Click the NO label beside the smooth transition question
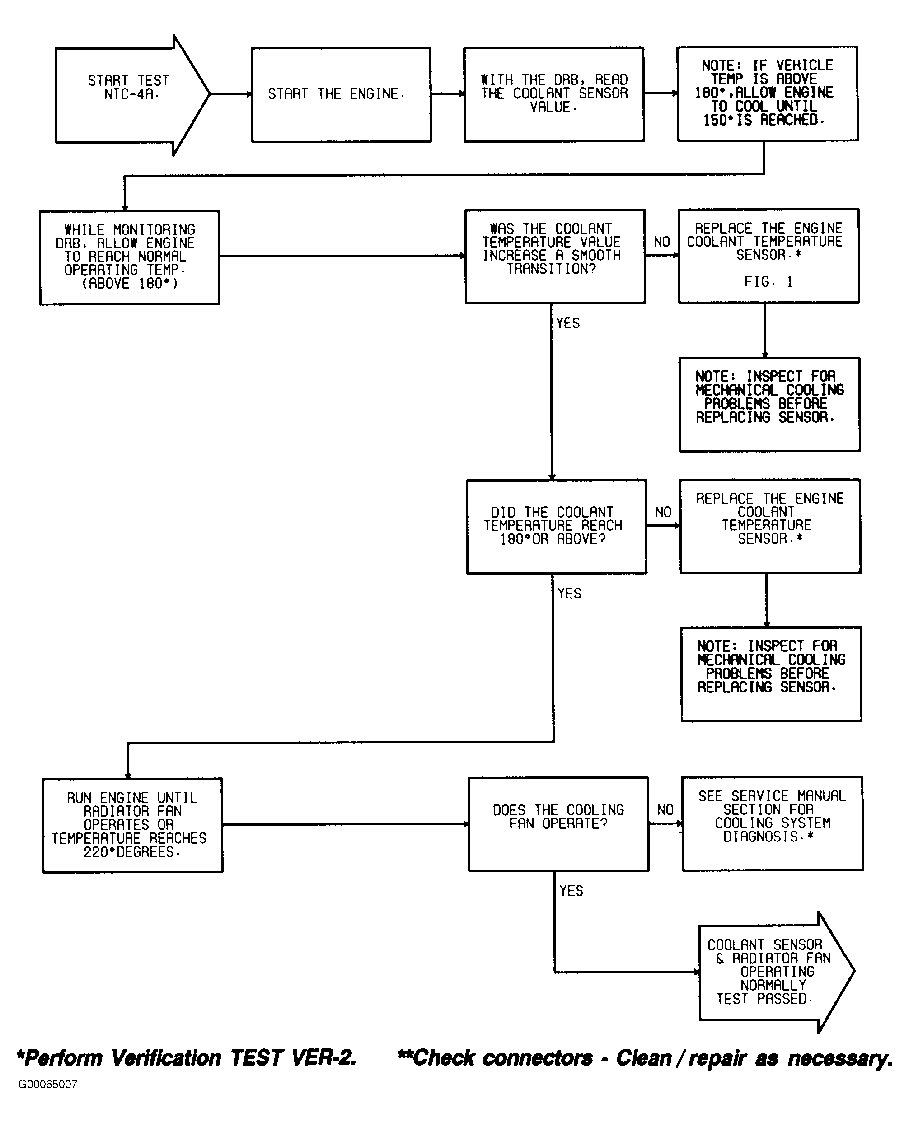[x=662, y=242]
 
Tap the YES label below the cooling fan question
[x=571, y=891]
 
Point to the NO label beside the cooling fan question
[x=665, y=810]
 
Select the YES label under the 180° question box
[x=569, y=593]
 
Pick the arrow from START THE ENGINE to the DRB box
[x=448, y=94]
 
